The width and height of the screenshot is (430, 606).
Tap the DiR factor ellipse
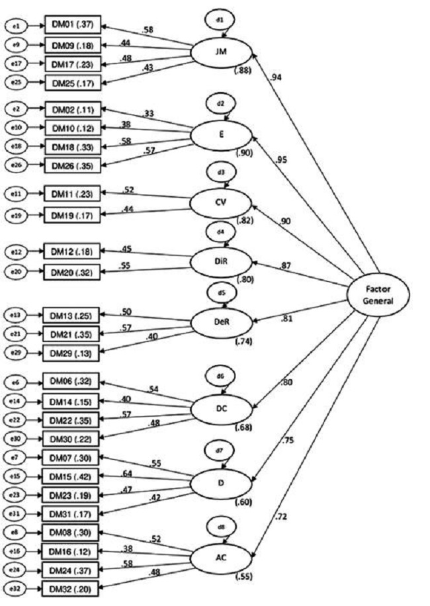[220, 261]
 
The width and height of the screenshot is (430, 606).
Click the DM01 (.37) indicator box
[71, 25]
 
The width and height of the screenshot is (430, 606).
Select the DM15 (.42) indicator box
[71, 476]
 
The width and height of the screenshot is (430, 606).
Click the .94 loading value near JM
[277, 77]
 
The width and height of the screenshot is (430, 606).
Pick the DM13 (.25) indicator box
[71, 314]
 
